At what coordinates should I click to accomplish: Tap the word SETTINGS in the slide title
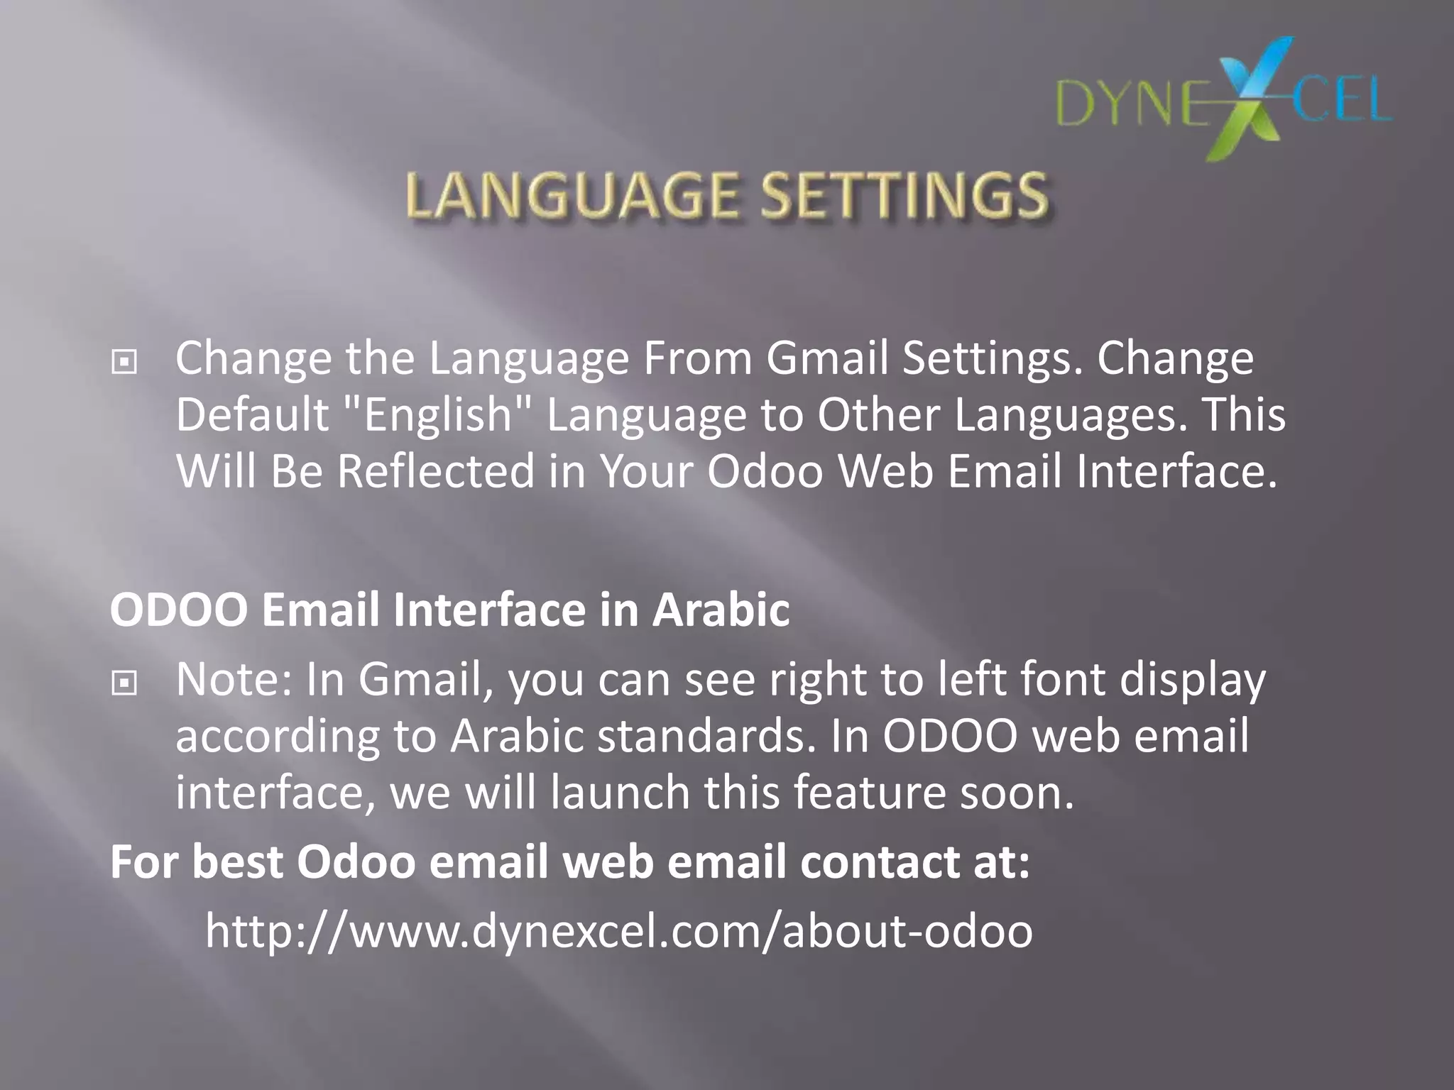point(903,196)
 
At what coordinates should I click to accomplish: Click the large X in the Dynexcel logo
point(1250,99)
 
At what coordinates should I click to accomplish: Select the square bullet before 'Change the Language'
point(124,363)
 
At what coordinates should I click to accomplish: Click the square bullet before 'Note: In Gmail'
point(124,683)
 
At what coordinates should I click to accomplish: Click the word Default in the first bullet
point(252,414)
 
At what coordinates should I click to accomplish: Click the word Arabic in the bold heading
point(721,610)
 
